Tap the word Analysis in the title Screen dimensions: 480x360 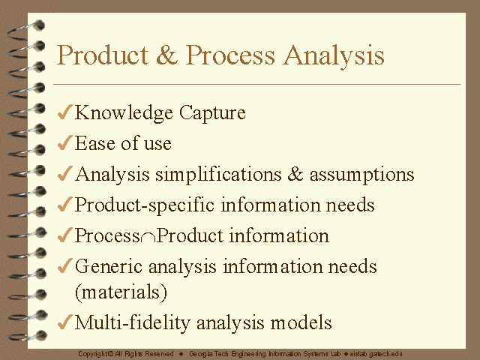[x=334, y=57]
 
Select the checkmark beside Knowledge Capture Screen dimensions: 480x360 [x=65, y=112]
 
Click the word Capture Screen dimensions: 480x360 [x=212, y=113]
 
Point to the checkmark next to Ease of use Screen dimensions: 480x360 [x=65, y=142]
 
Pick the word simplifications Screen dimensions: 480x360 [x=218, y=175]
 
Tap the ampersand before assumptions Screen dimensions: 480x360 [x=295, y=173]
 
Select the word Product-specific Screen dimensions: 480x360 [x=145, y=205]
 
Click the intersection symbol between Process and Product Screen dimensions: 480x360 [x=148, y=238]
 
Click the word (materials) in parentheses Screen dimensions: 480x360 [x=121, y=292]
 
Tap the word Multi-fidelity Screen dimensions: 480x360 [x=132, y=323]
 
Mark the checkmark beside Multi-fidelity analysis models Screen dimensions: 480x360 [x=65, y=322]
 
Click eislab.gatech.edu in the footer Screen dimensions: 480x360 [x=376, y=354]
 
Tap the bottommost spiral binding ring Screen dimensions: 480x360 [x=28, y=336]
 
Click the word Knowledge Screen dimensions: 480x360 [x=124, y=113]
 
